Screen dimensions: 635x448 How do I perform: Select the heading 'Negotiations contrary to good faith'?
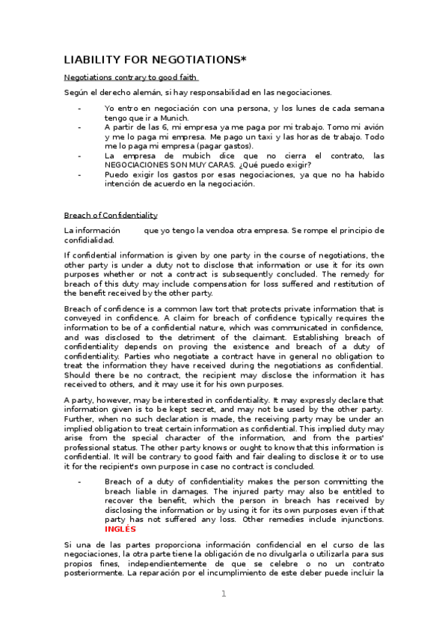tap(131, 77)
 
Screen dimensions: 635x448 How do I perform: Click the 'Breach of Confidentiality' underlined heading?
tap(111, 215)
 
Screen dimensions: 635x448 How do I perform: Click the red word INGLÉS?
tap(120, 528)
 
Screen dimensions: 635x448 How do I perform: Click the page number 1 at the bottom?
tap(223, 594)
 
